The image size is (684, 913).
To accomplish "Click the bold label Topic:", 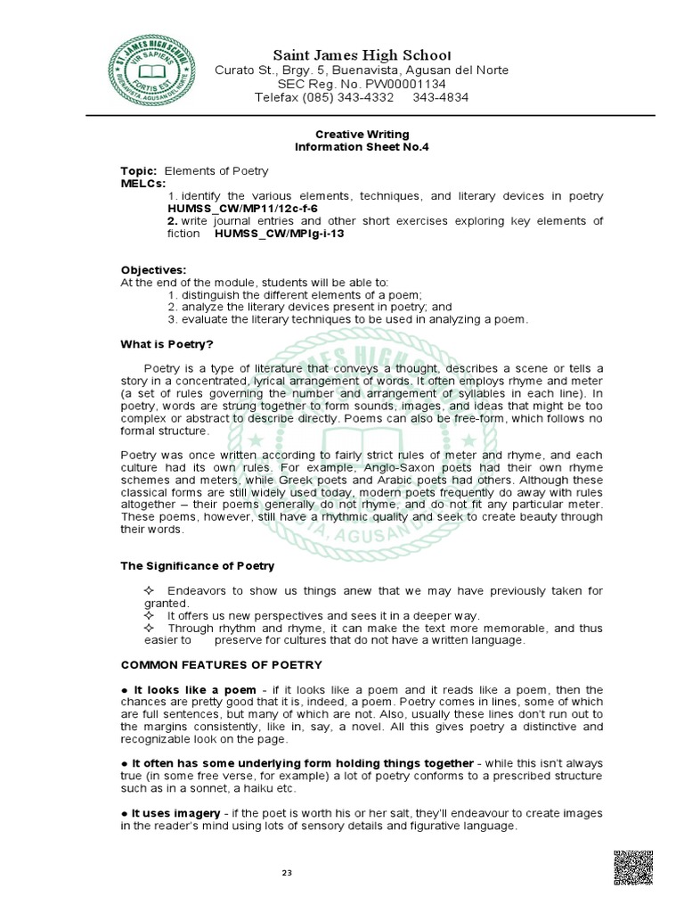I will point(139,170).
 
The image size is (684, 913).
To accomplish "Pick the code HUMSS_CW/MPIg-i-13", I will point(279,233).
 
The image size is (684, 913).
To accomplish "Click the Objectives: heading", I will point(153,270).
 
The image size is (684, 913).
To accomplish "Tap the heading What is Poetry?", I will point(167,344).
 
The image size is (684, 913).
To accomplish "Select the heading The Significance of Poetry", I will point(198,565).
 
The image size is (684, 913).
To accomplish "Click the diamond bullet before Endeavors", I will point(148,591).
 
